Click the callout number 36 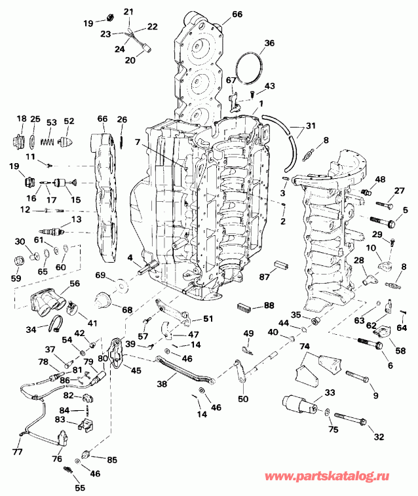point(269,44)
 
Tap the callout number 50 point(242,399)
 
